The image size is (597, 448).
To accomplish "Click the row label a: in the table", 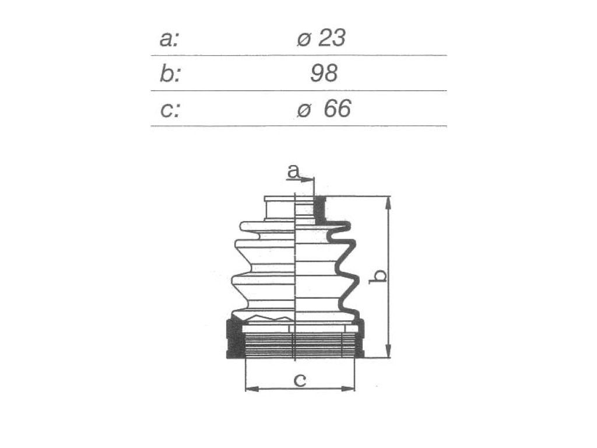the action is coord(168,39).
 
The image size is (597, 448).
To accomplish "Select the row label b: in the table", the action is coord(170,73).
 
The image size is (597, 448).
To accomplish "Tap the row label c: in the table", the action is coord(170,109).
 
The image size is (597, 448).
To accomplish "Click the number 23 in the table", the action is coord(332,38).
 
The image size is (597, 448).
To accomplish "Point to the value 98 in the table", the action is coord(324,73).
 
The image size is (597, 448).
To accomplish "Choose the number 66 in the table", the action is coord(337,108).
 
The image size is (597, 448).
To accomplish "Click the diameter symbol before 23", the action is coord(304,39).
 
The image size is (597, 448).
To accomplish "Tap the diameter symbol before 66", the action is coord(304,110).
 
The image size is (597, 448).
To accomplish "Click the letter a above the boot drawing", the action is coord(293,171).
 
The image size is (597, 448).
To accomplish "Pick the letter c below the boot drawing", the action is coord(300,380).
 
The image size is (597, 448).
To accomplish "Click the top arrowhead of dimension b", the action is coord(388,203).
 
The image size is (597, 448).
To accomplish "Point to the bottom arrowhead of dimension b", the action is coord(388,351).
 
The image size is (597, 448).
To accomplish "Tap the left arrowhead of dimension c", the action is coord(252,388).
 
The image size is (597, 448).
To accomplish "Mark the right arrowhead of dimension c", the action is coord(348,388).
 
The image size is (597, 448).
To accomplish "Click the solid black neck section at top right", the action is coord(320,209).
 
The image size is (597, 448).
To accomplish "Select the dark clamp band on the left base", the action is coord(234,339).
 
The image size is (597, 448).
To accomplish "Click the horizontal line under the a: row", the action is coord(299,55).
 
